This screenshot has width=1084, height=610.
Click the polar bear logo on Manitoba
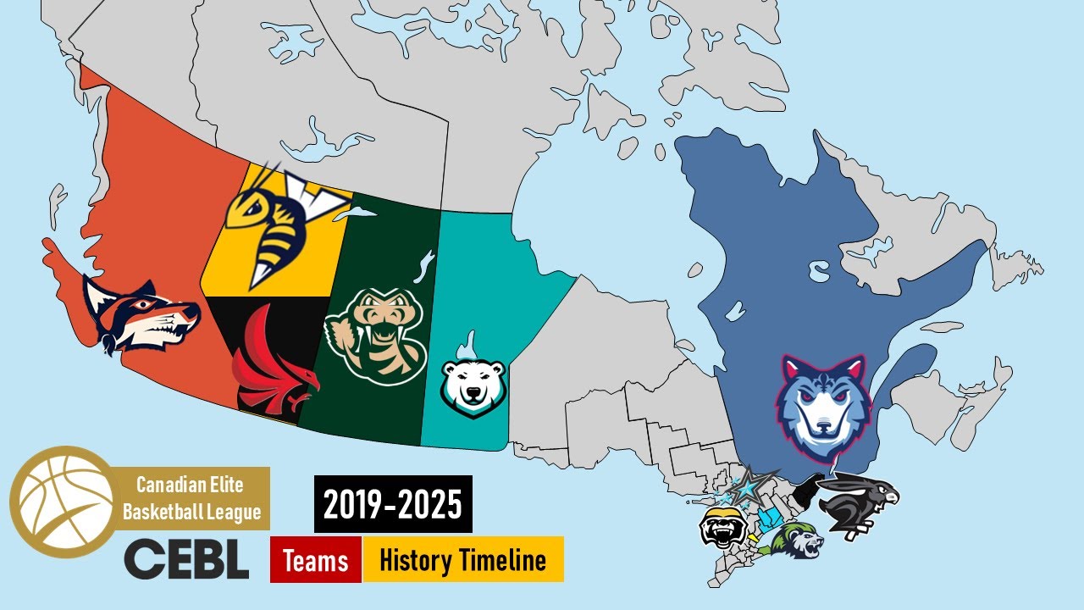pos(473,381)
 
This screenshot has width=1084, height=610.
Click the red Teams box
pos(316,559)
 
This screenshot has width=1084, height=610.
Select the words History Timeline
pos(462,559)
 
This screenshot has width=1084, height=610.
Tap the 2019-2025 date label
pos(393,504)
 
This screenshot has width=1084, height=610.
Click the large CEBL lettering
pos(186,559)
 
